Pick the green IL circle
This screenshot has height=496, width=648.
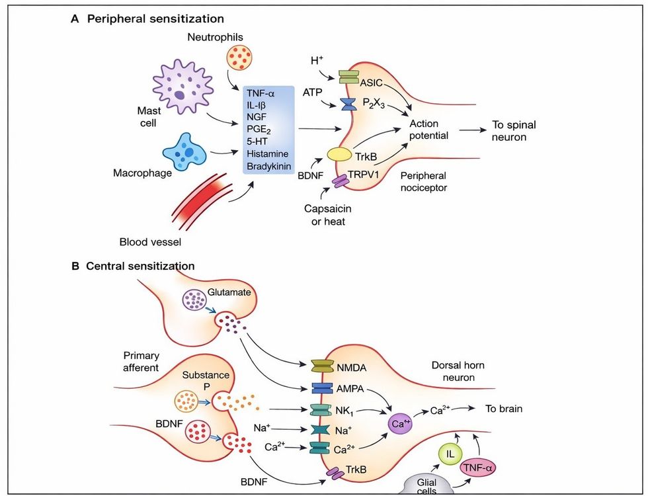pos(449,454)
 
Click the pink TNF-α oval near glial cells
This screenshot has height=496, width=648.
pos(477,468)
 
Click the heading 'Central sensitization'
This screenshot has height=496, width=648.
pos(140,266)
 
